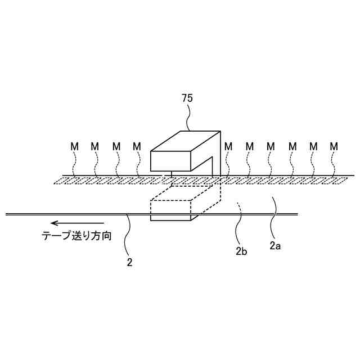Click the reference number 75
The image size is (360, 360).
(187, 98)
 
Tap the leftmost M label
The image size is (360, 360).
(74, 146)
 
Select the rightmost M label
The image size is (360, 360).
(334, 146)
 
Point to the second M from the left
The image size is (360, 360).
(94, 146)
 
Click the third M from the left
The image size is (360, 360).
(116, 146)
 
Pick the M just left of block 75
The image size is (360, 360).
(137, 146)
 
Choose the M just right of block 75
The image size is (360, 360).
(228, 146)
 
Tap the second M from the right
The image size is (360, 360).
(313, 146)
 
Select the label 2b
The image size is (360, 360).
(241, 251)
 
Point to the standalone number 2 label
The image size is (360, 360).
(130, 262)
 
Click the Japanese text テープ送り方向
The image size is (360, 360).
(76, 237)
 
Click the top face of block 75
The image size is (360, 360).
(185, 141)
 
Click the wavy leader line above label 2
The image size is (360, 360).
(129, 236)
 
